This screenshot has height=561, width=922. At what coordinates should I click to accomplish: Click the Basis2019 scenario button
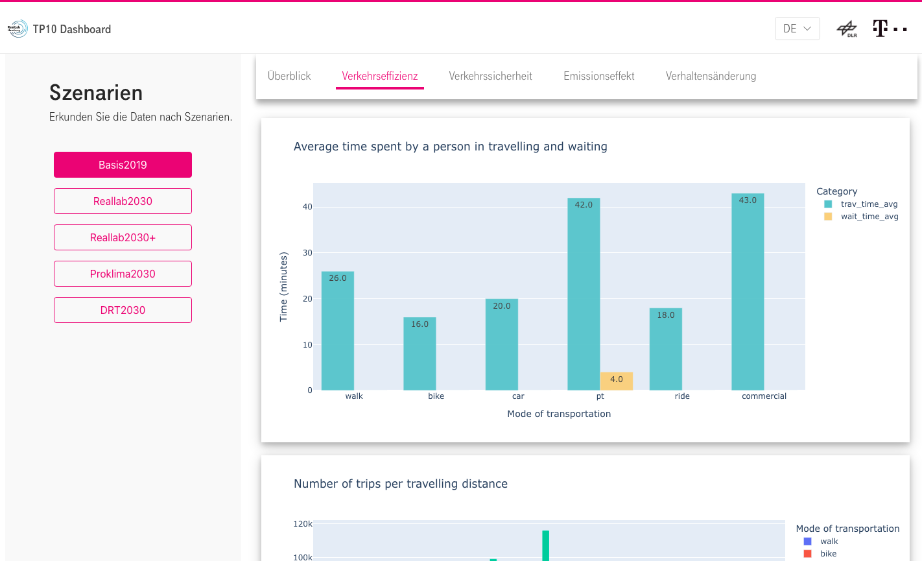[123, 165]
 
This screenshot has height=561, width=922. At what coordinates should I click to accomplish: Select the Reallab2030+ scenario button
[123, 237]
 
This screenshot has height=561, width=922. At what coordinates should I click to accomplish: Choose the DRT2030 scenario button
[123, 310]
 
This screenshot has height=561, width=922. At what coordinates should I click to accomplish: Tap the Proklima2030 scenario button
[123, 274]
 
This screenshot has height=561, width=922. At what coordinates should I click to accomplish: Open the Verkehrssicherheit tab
[490, 76]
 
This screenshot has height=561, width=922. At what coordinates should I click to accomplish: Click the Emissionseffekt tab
[598, 76]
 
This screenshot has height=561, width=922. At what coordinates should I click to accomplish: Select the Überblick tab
[289, 76]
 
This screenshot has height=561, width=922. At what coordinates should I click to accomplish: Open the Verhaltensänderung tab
[711, 76]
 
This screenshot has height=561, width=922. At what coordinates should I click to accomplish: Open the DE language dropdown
[797, 29]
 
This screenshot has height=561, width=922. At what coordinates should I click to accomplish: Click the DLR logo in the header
[847, 29]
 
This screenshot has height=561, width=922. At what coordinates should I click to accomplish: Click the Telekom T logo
[881, 29]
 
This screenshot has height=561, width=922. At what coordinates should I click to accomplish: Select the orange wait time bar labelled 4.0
[616, 381]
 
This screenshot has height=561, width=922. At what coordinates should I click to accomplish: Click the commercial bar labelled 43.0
[748, 292]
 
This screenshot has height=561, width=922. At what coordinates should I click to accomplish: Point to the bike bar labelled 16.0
[420, 353]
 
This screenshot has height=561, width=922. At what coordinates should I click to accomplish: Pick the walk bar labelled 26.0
[338, 331]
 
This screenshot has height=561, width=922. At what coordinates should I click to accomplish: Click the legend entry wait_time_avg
[869, 217]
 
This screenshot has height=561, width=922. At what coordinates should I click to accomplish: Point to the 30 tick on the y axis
[307, 253]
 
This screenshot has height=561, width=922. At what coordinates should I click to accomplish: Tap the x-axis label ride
[682, 396]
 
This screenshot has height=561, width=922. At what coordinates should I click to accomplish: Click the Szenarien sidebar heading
[96, 93]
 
